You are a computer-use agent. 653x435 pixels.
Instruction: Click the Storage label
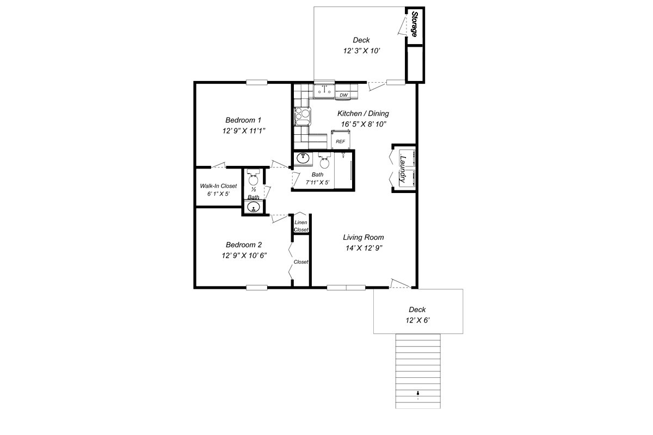[x=414, y=24]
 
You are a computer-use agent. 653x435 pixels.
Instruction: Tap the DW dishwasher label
[x=344, y=95]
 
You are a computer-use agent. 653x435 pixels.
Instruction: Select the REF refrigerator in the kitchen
[x=341, y=140]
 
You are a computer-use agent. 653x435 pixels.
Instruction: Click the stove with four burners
[x=303, y=116]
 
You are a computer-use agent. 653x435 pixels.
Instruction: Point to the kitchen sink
[x=324, y=91]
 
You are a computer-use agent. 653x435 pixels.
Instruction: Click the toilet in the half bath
[x=253, y=177]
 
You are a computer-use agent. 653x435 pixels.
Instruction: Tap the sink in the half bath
[x=254, y=207]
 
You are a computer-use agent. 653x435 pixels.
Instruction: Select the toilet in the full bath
[x=324, y=160]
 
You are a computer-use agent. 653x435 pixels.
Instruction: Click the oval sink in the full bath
[x=303, y=158]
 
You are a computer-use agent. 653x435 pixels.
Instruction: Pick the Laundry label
[x=403, y=169]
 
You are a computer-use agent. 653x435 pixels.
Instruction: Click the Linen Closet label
[x=301, y=226]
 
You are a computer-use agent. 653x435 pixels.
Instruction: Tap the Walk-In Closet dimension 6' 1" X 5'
[x=219, y=194]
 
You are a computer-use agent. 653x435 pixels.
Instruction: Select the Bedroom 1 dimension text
[x=244, y=131]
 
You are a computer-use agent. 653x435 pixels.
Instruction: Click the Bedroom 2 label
[x=244, y=245]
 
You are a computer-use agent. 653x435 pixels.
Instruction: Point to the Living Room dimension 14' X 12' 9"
[x=364, y=248]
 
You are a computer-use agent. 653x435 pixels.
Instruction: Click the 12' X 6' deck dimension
[x=418, y=320]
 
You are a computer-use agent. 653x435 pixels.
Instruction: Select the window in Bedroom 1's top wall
[x=256, y=83]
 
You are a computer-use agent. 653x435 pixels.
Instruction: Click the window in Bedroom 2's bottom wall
[x=256, y=288]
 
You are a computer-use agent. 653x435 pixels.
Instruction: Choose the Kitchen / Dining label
[x=364, y=113]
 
